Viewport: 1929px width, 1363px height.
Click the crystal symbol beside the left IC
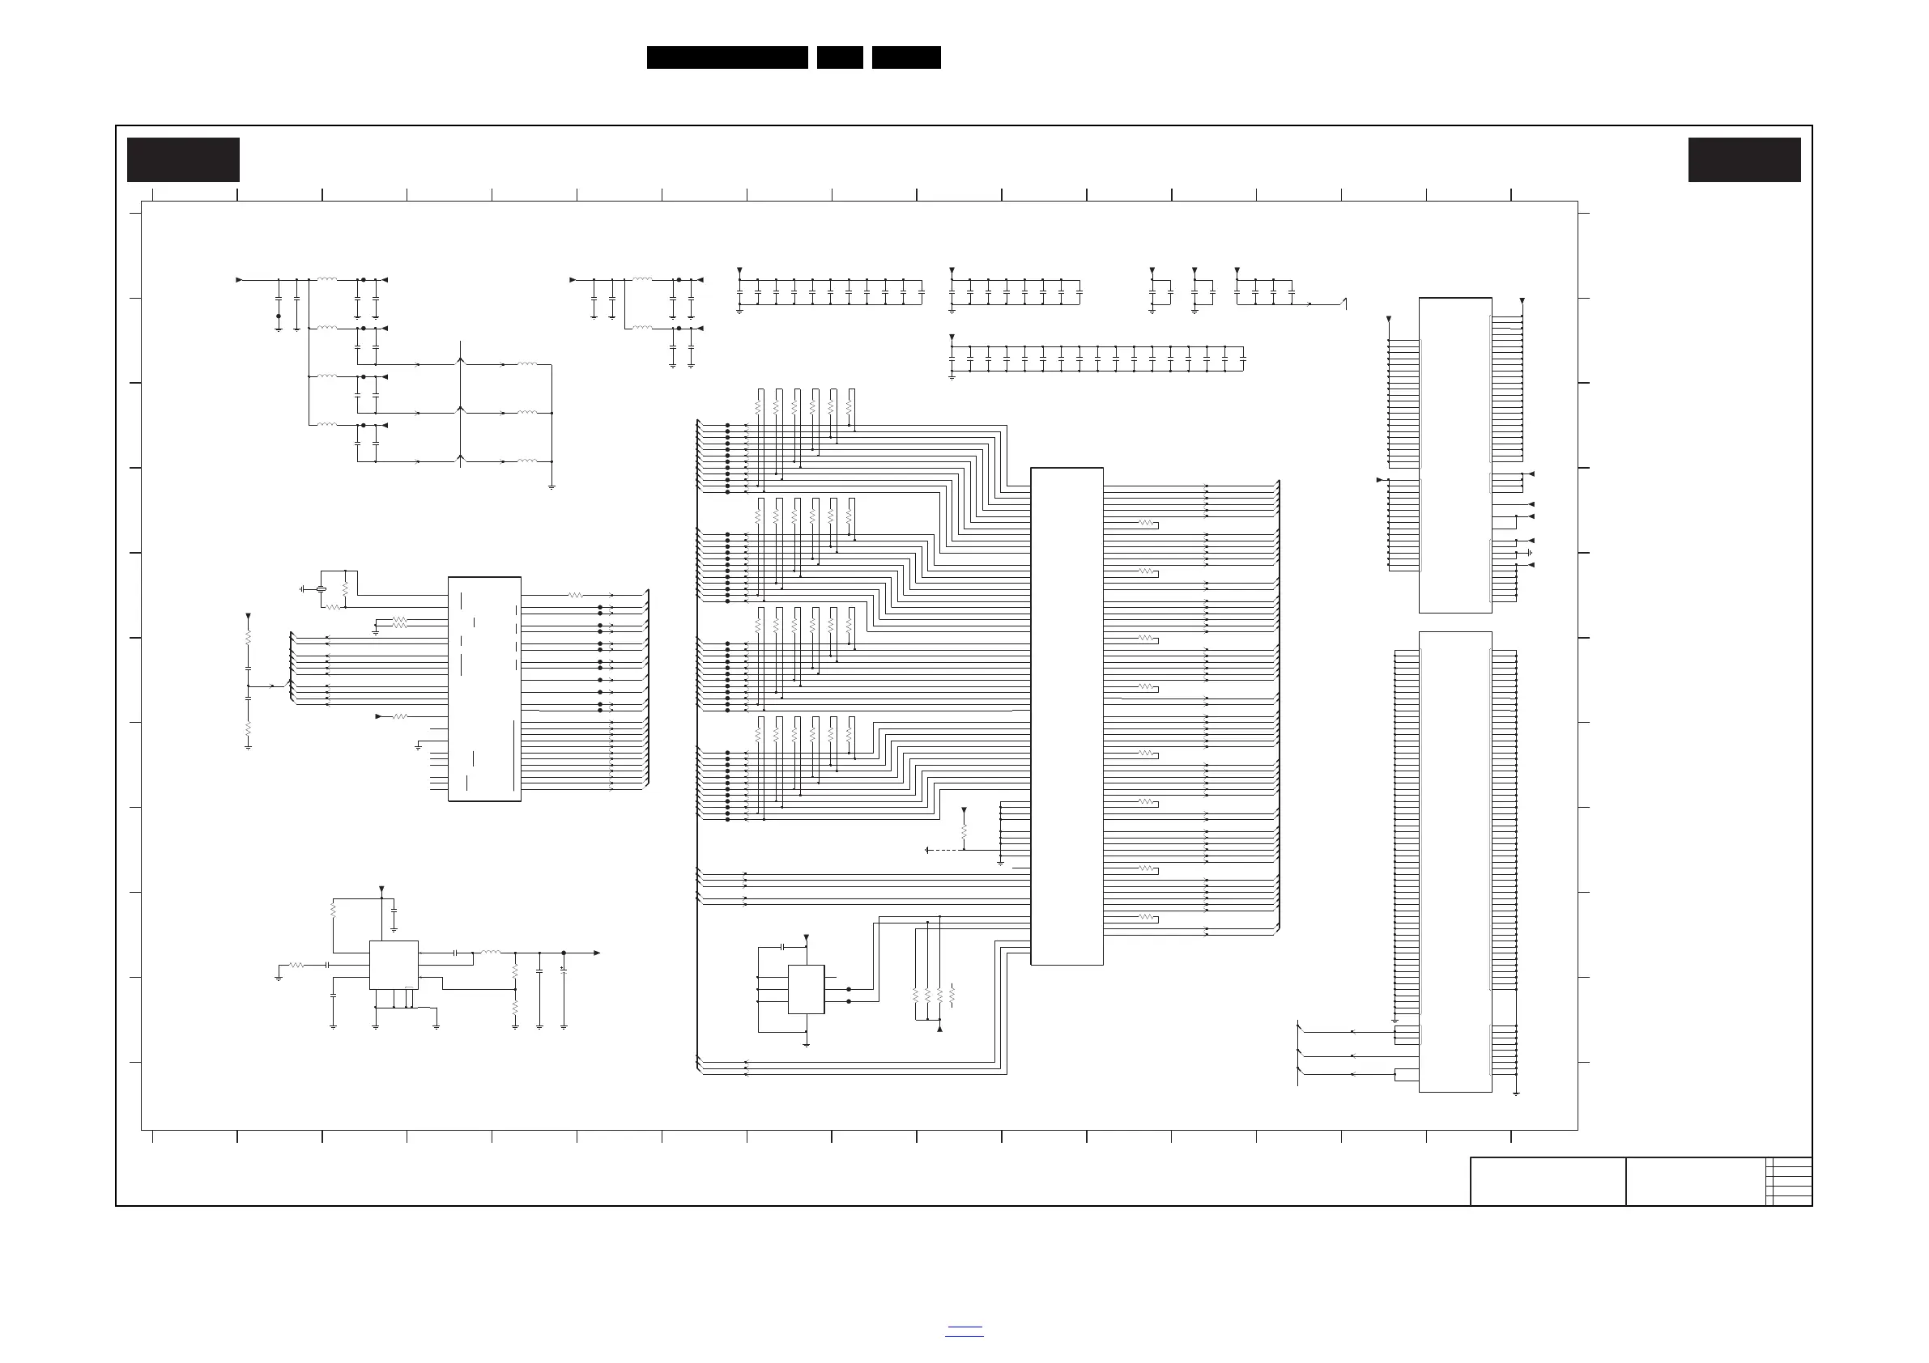(321, 589)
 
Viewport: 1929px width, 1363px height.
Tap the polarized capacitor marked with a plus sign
(564, 970)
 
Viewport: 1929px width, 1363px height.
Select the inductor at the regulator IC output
(490, 953)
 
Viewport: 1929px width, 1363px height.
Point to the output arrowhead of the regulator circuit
(597, 953)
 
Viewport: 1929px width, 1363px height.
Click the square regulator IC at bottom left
(394, 965)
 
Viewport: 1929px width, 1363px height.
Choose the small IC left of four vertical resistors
(806, 989)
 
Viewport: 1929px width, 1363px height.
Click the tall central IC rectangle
(1067, 715)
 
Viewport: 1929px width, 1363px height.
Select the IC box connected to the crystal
(485, 689)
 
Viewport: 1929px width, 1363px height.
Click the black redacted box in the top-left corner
(183, 159)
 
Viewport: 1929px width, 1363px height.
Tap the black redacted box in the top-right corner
(1744, 159)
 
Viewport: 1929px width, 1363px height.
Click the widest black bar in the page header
(726, 57)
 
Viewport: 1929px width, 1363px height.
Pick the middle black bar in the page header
(839, 57)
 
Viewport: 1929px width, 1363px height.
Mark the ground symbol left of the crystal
(301, 589)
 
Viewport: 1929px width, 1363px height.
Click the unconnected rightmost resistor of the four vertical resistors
(952, 996)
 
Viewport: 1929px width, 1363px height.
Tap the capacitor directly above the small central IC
(782, 946)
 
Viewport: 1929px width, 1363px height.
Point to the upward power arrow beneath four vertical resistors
(939, 1028)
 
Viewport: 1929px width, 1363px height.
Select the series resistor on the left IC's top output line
(576, 595)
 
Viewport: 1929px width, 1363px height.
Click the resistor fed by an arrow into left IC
(400, 716)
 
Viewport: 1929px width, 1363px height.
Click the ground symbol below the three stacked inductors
(551, 486)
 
